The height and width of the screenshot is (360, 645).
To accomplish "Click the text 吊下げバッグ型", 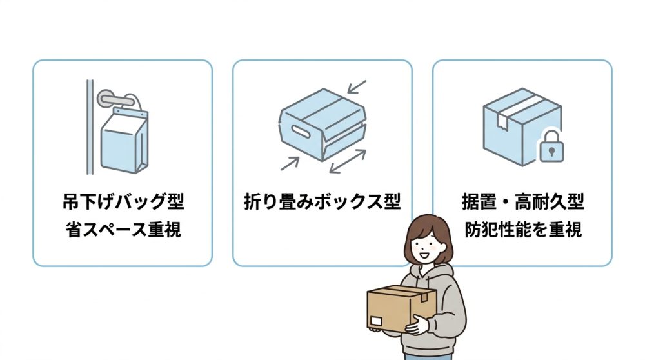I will click(123, 202).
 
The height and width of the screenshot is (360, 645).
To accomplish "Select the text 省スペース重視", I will click(123, 230).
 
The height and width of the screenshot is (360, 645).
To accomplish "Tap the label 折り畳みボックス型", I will click(322, 202).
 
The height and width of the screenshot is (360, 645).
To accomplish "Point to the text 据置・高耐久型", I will click(522, 202).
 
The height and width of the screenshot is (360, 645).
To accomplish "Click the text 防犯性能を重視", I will click(522, 230).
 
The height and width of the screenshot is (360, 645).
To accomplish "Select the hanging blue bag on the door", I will click(126, 143).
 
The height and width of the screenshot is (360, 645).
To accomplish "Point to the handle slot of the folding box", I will click(301, 130).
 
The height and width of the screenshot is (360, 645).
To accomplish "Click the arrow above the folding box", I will click(357, 87).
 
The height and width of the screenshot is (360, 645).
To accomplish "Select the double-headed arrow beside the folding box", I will click(348, 162).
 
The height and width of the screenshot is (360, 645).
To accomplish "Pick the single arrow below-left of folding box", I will click(289, 163).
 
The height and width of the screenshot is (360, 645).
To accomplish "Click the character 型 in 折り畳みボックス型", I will click(392, 202).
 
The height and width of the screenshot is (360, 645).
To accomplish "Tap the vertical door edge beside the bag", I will click(90, 126).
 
